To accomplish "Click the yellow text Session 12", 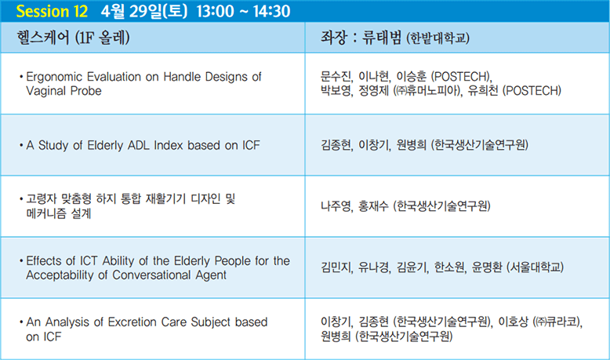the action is click(52, 11).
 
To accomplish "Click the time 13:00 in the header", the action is click(215, 11).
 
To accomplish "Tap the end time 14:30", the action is click(271, 11).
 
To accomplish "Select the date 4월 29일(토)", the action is click(144, 11).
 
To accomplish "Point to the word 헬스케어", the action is click(43, 38).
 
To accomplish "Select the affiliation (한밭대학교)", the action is click(438, 38).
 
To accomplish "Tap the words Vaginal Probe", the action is click(64, 91).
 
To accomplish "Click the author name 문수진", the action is click(336, 76).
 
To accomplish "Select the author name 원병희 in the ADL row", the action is click(411, 145).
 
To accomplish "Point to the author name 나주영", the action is click(336, 206).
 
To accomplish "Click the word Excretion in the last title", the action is click(133, 322).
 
